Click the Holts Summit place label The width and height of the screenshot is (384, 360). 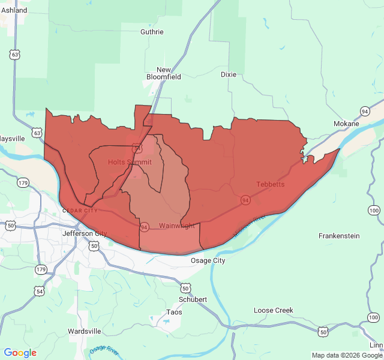[x=130, y=162]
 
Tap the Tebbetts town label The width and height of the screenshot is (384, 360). [x=271, y=184]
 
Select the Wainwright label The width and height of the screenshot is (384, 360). [x=177, y=226]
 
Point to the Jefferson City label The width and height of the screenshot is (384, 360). [x=84, y=233]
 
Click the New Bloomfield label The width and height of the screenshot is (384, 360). [x=164, y=73]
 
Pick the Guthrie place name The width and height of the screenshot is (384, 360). [x=152, y=32]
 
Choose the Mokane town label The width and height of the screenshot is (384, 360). [x=346, y=124]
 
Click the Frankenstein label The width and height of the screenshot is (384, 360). [x=339, y=236]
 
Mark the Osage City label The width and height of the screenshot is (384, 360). [x=208, y=260]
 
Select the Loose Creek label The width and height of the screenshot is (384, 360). [x=274, y=310]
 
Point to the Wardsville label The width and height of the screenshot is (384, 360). [x=84, y=331]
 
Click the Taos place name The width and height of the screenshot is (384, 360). [x=174, y=313]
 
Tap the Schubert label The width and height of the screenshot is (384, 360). [x=193, y=299]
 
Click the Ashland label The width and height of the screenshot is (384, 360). [x=14, y=10]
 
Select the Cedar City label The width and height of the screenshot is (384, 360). [x=79, y=211]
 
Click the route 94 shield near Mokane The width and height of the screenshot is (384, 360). [x=365, y=111]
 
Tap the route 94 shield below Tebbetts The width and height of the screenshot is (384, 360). [x=245, y=199]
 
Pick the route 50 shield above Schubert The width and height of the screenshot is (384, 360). [x=186, y=288]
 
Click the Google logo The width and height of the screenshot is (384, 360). [x=20, y=353]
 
